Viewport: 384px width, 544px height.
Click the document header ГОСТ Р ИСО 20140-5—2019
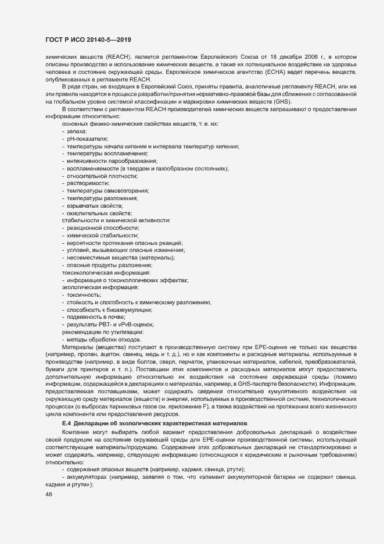pyautogui.click(x=88, y=39)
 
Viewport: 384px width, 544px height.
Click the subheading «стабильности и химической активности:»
pyautogui.click(x=116, y=221)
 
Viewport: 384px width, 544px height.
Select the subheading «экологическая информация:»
pyautogui.click(x=100, y=287)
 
